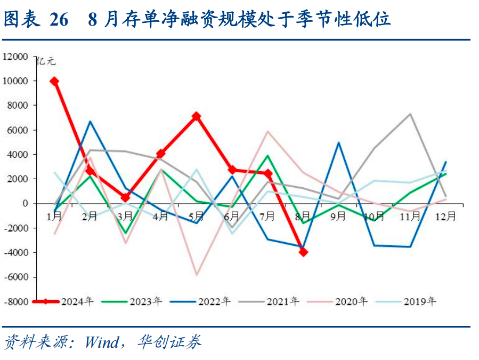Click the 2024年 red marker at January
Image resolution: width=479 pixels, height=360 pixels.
(54, 81)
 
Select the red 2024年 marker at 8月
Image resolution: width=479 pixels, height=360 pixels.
(303, 251)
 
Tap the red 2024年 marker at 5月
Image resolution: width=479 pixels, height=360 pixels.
(196, 116)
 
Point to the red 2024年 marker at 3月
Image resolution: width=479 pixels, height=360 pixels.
(125, 197)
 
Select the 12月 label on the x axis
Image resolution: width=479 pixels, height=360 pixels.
(445, 217)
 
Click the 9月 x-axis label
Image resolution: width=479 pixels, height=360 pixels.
(339, 217)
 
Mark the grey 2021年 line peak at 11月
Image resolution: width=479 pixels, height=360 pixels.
(410, 114)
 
